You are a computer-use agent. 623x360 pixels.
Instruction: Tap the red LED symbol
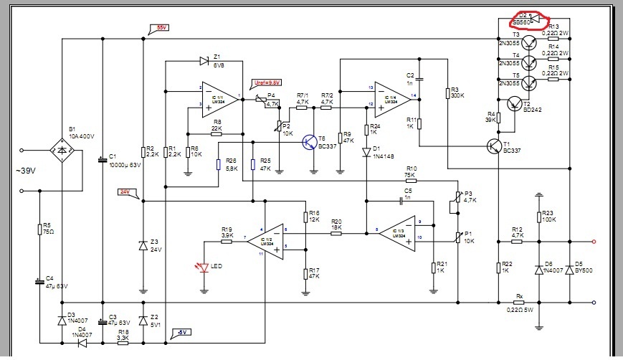[205, 268]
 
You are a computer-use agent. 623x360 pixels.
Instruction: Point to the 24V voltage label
[124, 191]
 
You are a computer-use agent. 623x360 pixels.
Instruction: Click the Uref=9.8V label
[266, 82]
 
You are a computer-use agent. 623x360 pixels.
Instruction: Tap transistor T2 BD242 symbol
[515, 104]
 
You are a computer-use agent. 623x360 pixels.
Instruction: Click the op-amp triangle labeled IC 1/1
[219, 97]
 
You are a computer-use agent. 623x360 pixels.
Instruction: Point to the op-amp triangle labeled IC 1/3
[396, 232]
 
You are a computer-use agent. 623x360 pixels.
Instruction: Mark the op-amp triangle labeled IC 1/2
[265, 237]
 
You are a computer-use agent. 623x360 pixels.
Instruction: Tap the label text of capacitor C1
[124, 161]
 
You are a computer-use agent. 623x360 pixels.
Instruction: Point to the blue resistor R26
[219, 164]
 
